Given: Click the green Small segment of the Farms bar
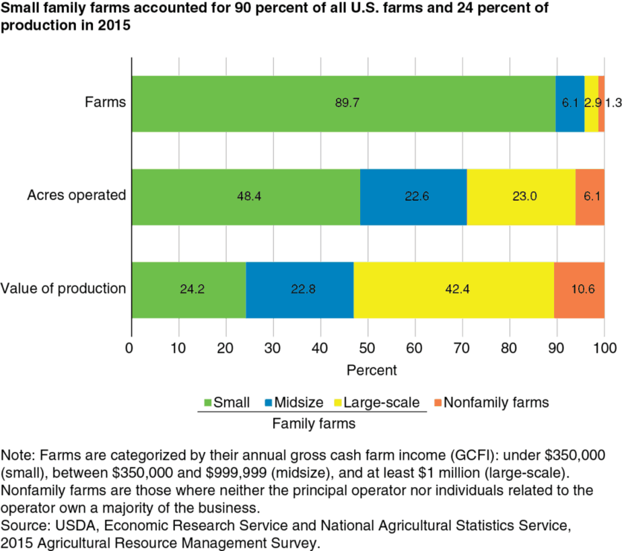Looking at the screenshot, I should [343, 103].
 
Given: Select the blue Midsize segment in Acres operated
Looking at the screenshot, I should [413, 197].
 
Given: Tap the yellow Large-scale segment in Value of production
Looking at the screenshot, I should [453, 290].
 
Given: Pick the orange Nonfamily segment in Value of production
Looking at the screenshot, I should [579, 290].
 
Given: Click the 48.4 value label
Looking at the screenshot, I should [246, 197].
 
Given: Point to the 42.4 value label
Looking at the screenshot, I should [453, 290].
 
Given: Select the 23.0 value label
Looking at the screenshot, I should [520, 197].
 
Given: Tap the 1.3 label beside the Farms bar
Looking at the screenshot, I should [613, 103].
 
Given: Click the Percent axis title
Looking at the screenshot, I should [372, 370].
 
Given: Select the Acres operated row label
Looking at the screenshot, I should [77, 196].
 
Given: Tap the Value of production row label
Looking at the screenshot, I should [64, 289].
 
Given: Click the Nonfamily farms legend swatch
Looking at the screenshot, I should [436, 403].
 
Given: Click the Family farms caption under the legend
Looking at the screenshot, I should [314, 424].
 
